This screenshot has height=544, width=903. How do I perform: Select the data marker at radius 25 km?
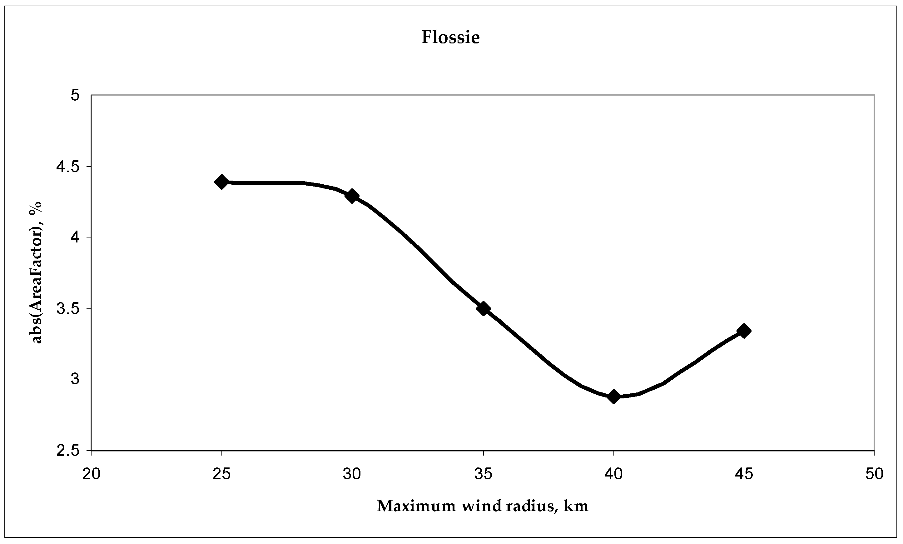coord(221,182)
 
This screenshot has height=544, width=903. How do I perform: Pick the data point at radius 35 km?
coord(483,308)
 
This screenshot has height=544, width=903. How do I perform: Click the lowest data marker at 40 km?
coord(613,396)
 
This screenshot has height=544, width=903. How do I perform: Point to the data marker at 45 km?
coord(744,331)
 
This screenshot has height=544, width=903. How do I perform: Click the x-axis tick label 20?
coord(91,474)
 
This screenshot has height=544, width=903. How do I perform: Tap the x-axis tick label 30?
coord(352,474)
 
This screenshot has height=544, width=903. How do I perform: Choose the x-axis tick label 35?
coord(483,474)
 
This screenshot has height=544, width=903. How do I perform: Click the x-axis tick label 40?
coord(613,474)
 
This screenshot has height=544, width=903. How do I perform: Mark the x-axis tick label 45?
coord(744,474)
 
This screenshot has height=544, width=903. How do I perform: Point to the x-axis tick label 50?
coord(875,474)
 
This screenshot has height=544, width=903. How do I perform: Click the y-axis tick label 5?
coord(75,95)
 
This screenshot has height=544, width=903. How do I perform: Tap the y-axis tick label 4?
coord(75,237)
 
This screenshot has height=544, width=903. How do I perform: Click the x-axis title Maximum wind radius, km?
coord(483,506)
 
